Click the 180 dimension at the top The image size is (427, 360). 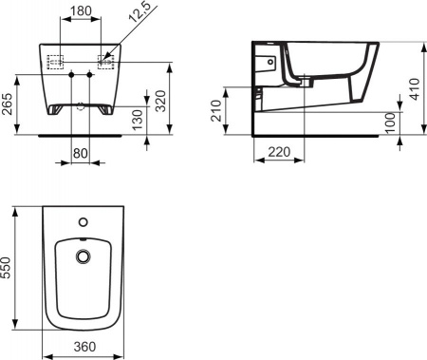pos(82,10)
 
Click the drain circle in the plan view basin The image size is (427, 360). pos(83,256)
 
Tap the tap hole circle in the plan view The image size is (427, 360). pos(83,221)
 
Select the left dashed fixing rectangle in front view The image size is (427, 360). pos(56,62)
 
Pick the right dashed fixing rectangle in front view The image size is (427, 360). pos(105,62)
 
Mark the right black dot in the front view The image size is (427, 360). pos(91,74)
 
